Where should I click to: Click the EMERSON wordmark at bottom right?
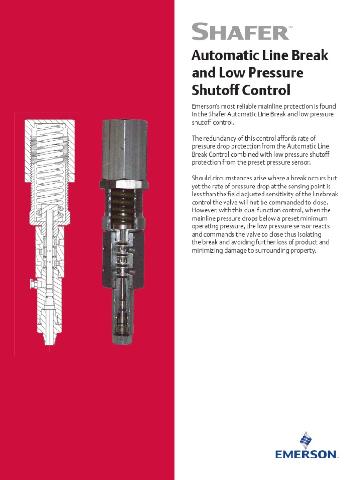(x=307, y=454)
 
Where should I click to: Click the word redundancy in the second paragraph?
(x=220, y=138)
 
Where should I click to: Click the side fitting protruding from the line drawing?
(x=33, y=283)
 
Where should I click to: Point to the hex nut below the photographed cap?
(x=124, y=184)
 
